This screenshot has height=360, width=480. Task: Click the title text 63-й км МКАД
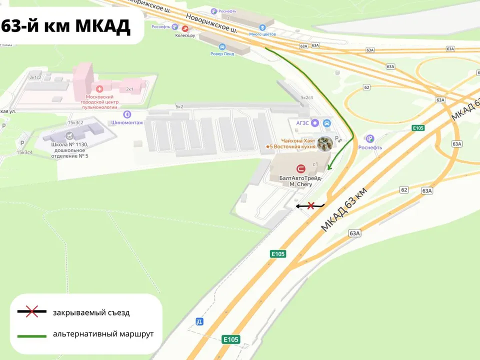(x=66, y=25)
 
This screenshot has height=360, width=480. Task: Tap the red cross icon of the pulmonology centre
(x=100, y=88)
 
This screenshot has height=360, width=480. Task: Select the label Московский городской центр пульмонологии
(x=100, y=101)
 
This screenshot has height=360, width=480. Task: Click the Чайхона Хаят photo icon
(x=325, y=143)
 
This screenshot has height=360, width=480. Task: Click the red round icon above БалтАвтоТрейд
(x=301, y=169)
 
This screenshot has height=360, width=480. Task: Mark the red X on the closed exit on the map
(x=310, y=205)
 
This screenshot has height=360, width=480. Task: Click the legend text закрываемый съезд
(x=91, y=313)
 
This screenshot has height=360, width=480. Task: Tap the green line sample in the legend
(x=32, y=334)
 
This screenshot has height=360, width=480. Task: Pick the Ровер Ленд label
(x=222, y=54)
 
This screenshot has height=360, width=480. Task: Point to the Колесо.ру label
(x=185, y=35)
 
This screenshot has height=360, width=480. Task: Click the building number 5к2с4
(x=306, y=97)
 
